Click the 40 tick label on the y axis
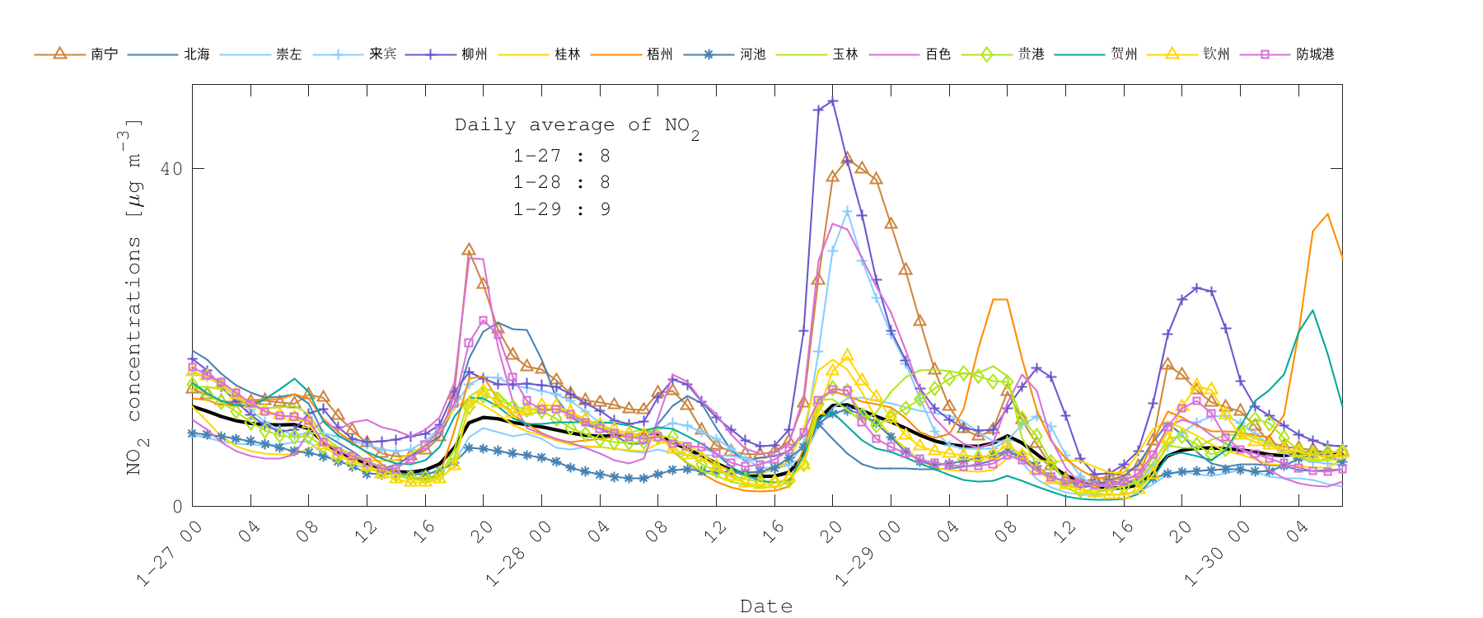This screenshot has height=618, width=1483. click(x=171, y=169)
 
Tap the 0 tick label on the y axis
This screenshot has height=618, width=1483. click(x=177, y=506)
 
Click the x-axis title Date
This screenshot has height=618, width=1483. click(x=766, y=606)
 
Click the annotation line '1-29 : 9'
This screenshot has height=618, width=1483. click(x=561, y=209)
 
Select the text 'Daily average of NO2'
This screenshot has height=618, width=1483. click(x=577, y=126)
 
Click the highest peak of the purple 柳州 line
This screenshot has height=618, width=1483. click(x=833, y=101)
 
